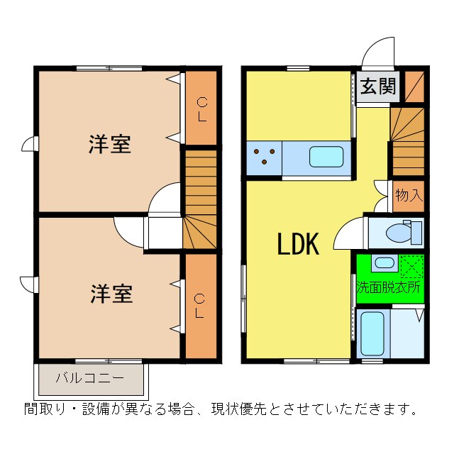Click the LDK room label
[298, 245]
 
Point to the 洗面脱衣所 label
[388, 288]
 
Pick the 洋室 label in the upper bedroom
[109, 144]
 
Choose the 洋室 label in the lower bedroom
[111, 294]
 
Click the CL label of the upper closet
[201, 109]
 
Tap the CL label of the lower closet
[201, 306]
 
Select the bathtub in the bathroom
[372, 331]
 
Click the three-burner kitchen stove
[265, 156]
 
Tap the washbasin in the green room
[384, 263]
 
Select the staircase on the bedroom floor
[199, 199]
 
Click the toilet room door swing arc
[347, 234]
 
